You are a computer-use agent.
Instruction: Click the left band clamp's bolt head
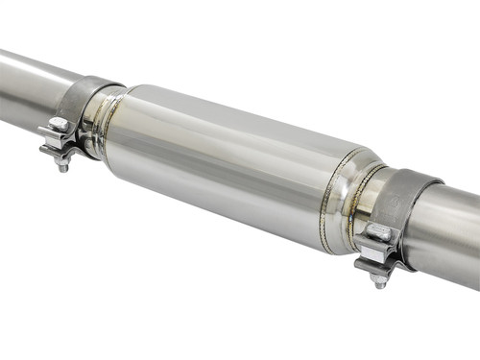58,125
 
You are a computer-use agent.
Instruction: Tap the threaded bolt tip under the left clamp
63,166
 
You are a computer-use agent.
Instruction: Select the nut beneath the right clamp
379,276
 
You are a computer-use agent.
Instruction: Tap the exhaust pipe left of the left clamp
29,86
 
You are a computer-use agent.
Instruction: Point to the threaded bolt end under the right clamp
380,284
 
